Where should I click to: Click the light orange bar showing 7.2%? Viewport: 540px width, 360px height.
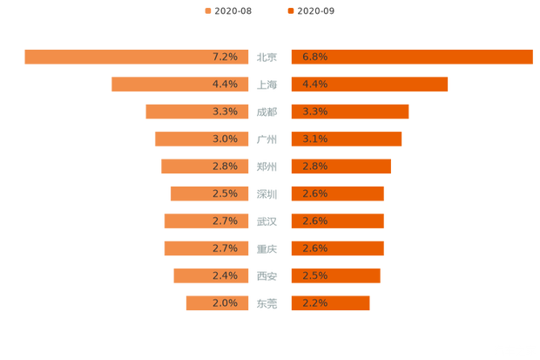pos(131,57)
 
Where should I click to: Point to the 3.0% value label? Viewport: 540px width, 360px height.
pos(225,139)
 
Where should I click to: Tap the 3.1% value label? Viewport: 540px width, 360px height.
pos(314,139)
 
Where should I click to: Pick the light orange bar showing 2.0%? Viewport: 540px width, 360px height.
pos(213,303)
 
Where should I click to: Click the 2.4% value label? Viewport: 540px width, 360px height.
pos(225,275)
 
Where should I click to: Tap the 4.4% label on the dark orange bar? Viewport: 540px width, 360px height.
pos(314,85)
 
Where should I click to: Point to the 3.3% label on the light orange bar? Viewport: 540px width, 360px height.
pos(225,112)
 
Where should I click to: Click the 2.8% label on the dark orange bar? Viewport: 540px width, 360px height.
pos(314,166)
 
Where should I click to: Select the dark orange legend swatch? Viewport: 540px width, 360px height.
pos(290,10)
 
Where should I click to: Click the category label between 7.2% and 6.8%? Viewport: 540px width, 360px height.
pos(267,58)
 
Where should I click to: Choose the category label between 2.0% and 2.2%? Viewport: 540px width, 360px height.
pos(267,303)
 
